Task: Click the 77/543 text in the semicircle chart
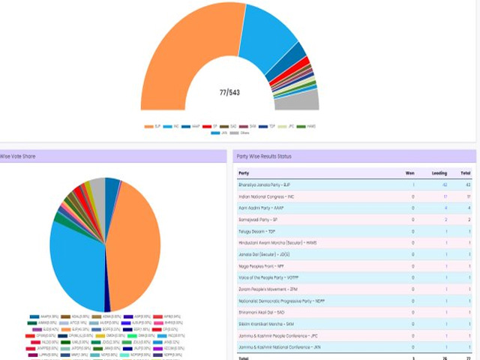(x=229, y=92)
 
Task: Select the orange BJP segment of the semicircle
(x=180, y=52)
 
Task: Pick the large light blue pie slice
(x=75, y=262)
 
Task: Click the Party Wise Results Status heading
(x=264, y=156)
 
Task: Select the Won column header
(x=409, y=172)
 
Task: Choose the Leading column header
(x=439, y=172)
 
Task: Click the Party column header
(x=244, y=172)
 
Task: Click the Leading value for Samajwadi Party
(x=445, y=220)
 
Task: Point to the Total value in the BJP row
(x=469, y=184)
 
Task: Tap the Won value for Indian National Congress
(x=412, y=196)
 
